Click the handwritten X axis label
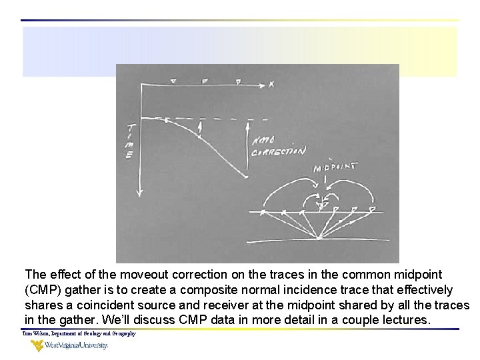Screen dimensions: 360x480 [271, 84]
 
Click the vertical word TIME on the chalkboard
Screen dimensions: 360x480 [131, 142]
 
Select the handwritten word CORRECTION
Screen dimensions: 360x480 [278, 152]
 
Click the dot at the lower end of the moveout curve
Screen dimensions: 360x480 [247, 176]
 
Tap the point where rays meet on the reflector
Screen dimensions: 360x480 [321, 237]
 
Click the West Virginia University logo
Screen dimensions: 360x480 [69, 345]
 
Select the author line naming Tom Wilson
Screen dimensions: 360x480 [79, 333]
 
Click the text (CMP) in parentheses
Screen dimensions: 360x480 [41, 290]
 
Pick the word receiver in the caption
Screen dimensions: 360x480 [199, 305]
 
